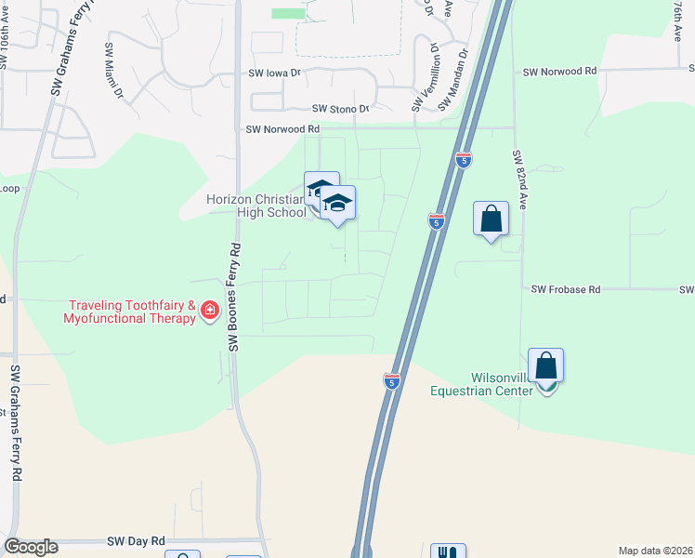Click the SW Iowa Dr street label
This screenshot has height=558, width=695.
(275, 73)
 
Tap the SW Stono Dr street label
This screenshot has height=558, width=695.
(340, 109)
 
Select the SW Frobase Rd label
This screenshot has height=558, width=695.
(566, 289)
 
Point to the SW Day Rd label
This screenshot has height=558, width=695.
(136, 540)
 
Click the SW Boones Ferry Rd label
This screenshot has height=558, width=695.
(235, 298)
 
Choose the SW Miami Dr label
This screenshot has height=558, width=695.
(113, 70)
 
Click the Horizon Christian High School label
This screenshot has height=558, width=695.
(256, 206)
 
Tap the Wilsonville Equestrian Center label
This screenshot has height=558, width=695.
(481, 384)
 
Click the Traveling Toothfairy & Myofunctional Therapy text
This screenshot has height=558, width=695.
(130, 312)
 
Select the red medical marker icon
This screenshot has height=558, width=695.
(210, 311)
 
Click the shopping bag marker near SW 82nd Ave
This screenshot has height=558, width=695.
(491, 220)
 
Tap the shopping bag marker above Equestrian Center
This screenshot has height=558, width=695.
(545, 366)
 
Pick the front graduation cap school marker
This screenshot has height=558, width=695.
(338, 205)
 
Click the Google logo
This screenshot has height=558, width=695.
(31, 547)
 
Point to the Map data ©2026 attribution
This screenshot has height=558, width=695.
(655, 550)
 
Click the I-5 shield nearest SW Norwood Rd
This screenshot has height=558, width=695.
(464, 161)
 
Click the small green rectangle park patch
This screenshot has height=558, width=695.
(288, 14)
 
